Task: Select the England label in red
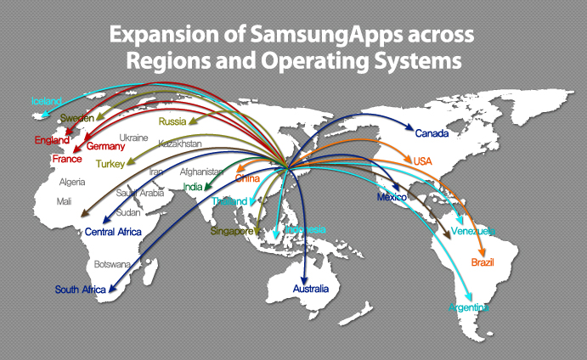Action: (x=52, y=140)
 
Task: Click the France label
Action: (x=66, y=159)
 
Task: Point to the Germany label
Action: (x=106, y=146)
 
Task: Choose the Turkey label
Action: (x=110, y=163)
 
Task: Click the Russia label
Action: (x=172, y=121)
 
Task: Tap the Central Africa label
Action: (x=112, y=231)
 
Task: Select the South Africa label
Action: (x=81, y=290)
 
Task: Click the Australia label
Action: (x=310, y=290)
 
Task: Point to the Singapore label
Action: (x=233, y=231)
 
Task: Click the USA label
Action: (x=423, y=161)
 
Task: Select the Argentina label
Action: (x=469, y=307)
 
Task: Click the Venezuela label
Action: (x=474, y=231)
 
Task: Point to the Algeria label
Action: (x=72, y=182)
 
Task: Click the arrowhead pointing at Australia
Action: (x=305, y=275)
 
